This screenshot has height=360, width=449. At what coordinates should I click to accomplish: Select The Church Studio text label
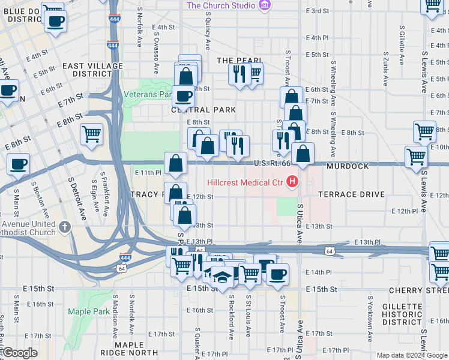(x=221, y=6)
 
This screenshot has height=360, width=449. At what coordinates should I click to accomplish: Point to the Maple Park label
(x=88, y=311)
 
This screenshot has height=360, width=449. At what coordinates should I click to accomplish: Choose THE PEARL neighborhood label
(x=240, y=61)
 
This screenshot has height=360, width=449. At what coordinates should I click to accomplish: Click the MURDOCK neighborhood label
(x=348, y=166)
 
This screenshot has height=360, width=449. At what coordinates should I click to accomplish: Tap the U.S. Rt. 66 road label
(x=272, y=163)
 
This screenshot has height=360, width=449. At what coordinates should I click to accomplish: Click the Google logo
(x=20, y=353)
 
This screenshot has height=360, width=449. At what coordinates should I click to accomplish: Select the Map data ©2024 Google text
(x=412, y=355)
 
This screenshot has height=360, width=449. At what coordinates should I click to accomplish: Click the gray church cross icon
(x=65, y=226)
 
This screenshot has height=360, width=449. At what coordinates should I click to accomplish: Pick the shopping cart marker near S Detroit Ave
(x=91, y=134)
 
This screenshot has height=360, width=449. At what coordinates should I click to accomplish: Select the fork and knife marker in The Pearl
(x=239, y=74)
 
